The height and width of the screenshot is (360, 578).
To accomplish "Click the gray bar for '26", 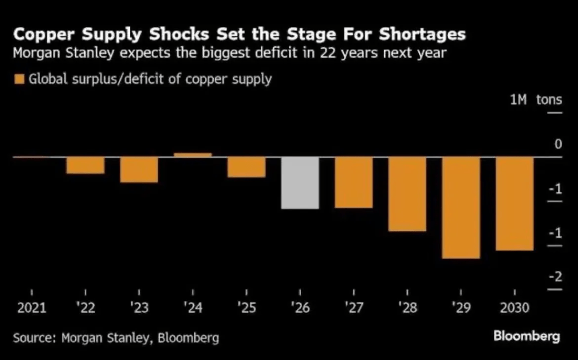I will [300, 183].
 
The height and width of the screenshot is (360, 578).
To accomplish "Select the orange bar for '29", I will [461, 208].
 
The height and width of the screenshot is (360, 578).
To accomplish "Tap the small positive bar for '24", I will [192, 155].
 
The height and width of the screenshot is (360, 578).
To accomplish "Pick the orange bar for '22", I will [85, 165].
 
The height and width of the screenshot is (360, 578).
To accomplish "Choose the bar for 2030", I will [514, 204].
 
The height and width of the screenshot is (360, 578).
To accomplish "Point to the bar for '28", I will [407, 194].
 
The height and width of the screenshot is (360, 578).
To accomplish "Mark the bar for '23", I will [139, 170].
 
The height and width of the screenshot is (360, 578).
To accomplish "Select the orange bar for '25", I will [246, 167].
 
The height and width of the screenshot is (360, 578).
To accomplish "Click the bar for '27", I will [353, 182].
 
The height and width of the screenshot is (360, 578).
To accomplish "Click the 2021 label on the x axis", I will [32, 308].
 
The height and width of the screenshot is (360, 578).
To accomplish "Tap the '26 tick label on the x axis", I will [299, 308].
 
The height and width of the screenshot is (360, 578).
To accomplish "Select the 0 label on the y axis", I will [558, 144].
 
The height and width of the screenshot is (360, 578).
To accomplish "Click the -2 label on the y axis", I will [555, 276].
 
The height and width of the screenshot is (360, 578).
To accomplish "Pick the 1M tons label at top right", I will [536, 100].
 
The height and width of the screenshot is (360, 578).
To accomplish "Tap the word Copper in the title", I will [45, 35].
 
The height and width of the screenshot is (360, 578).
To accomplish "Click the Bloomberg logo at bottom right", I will [526, 337].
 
